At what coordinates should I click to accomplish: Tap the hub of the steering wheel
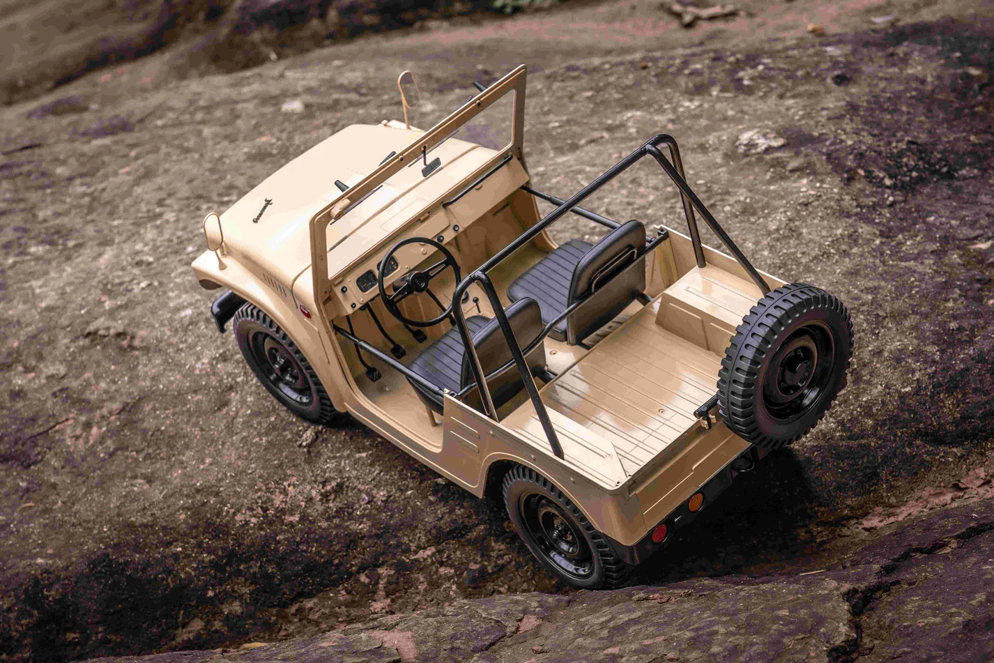(418, 282)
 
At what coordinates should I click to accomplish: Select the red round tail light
(659, 533)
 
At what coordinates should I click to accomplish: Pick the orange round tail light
(695, 502)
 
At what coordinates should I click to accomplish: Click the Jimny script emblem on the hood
(262, 210)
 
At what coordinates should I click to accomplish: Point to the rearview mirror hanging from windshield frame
(431, 167)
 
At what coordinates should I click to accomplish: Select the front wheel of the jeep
(282, 363)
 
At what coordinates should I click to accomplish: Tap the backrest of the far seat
(606, 279)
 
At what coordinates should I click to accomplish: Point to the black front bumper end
(224, 310)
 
